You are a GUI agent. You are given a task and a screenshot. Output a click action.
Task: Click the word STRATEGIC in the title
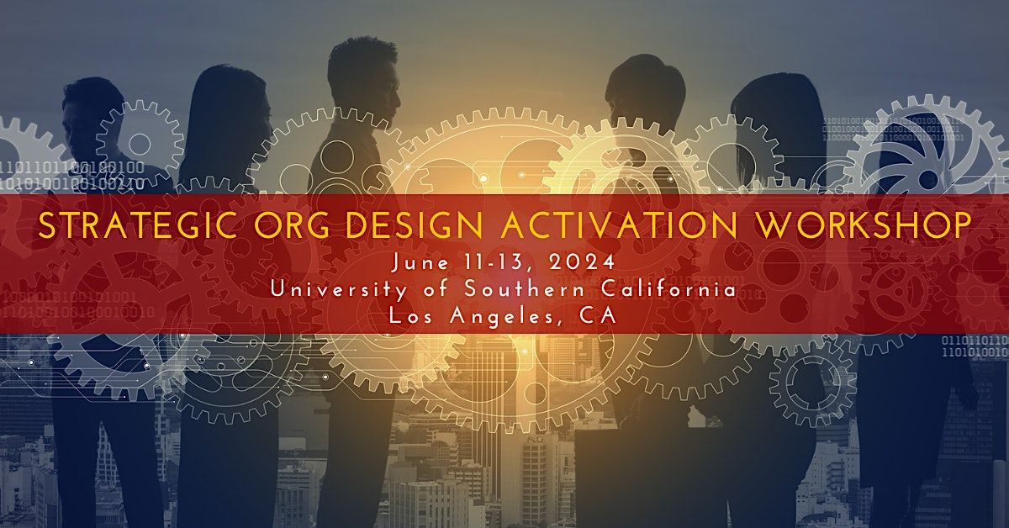(138, 224)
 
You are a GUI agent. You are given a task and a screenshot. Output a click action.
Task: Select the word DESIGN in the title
(415, 224)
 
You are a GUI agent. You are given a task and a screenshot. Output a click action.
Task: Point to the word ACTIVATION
(619, 224)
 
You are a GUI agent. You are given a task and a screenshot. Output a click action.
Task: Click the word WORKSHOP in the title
(863, 224)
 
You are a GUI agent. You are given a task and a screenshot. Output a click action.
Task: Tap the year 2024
(582, 261)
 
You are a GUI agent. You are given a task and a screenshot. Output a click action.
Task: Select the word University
(339, 289)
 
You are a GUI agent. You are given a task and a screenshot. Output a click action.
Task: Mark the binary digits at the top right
(894, 129)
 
